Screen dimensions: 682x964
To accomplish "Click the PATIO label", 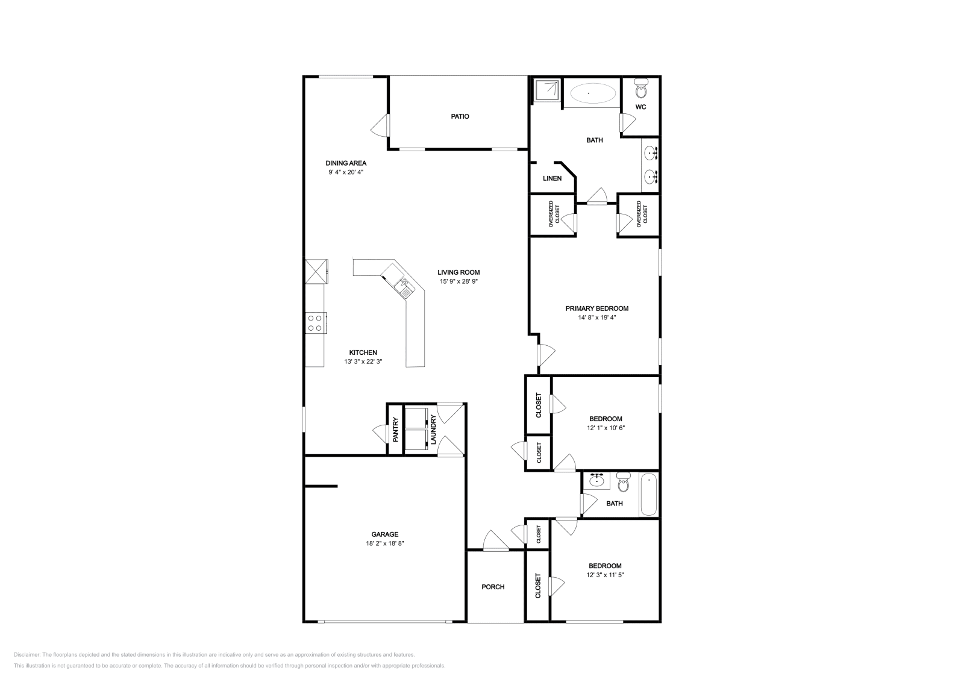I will tap(460, 116).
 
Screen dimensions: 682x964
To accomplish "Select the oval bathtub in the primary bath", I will tap(593, 93).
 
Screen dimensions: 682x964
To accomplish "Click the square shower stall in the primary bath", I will tap(545, 90).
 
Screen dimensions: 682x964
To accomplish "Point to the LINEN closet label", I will tap(552, 178).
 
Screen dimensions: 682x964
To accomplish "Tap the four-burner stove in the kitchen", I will tap(315, 322).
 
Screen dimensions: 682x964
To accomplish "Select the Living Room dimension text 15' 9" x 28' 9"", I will tap(459, 281).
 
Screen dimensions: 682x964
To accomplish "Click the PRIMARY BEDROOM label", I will tap(596, 308).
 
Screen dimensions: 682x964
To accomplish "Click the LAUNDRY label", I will tap(433, 432).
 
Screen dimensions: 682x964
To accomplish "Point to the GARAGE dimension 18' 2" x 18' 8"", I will tap(384, 543).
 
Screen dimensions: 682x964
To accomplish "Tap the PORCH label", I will tap(493, 587).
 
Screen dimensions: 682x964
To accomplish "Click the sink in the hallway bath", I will tap(597, 481).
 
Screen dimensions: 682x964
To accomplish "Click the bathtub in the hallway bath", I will tap(649, 495).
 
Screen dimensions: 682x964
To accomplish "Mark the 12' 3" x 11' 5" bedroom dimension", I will tap(604, 575).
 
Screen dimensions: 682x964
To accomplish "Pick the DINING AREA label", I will tap(346, 163).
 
